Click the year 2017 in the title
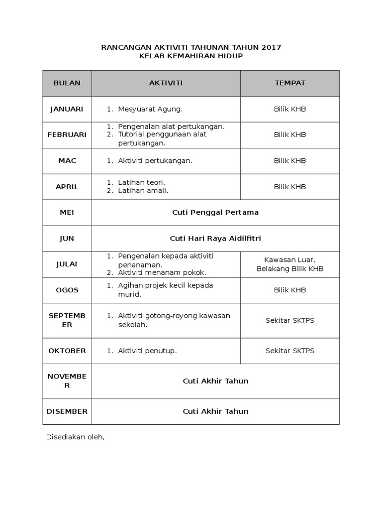coord(271,47)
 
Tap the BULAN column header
coord(67,83)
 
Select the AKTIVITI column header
coord(166,83)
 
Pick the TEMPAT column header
coord(290,83)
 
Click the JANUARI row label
coord(67,109)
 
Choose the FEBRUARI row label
coord(67,134)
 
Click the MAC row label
coord(67,160)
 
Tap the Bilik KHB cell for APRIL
coord(290,187)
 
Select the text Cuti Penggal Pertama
coord(215,212)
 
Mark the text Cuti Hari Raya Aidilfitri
coord(215,239)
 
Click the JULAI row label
coord(67,264)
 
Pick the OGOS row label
coord(67,290)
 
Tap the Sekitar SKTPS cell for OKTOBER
coord(290,351)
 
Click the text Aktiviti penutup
coord(147,351)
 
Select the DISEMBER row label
coord(67,411)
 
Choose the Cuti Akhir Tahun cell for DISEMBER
coord(215,411)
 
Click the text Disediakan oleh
coord(75,437)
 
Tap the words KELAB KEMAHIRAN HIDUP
coord(191,56)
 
